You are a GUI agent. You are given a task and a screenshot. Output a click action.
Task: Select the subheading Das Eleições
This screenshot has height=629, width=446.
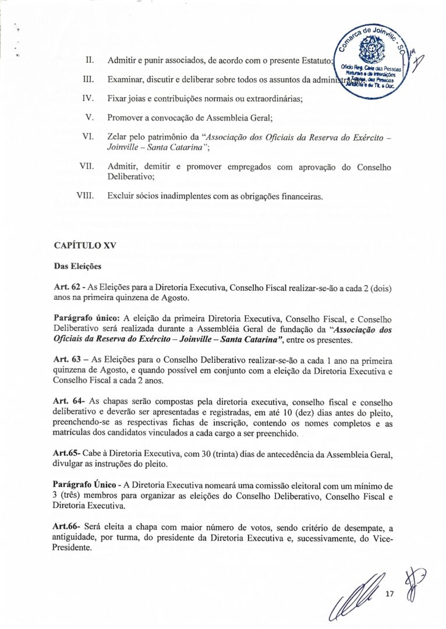(77, 267)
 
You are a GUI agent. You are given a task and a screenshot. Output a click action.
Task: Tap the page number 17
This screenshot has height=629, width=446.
(390, 595)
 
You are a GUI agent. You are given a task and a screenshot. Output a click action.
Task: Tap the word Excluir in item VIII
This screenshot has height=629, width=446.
(121, 196)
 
